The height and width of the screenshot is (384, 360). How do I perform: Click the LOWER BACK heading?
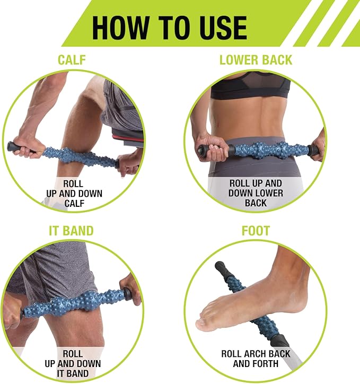[256, 60]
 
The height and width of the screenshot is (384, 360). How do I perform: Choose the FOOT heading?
[256, 231]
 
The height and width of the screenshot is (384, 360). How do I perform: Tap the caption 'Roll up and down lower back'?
[256, 193]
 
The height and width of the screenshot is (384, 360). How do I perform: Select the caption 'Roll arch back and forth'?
[256, 358]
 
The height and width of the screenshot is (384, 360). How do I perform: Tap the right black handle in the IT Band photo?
[127, 293]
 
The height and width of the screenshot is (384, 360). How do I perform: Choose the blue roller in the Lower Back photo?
[260, 149]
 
